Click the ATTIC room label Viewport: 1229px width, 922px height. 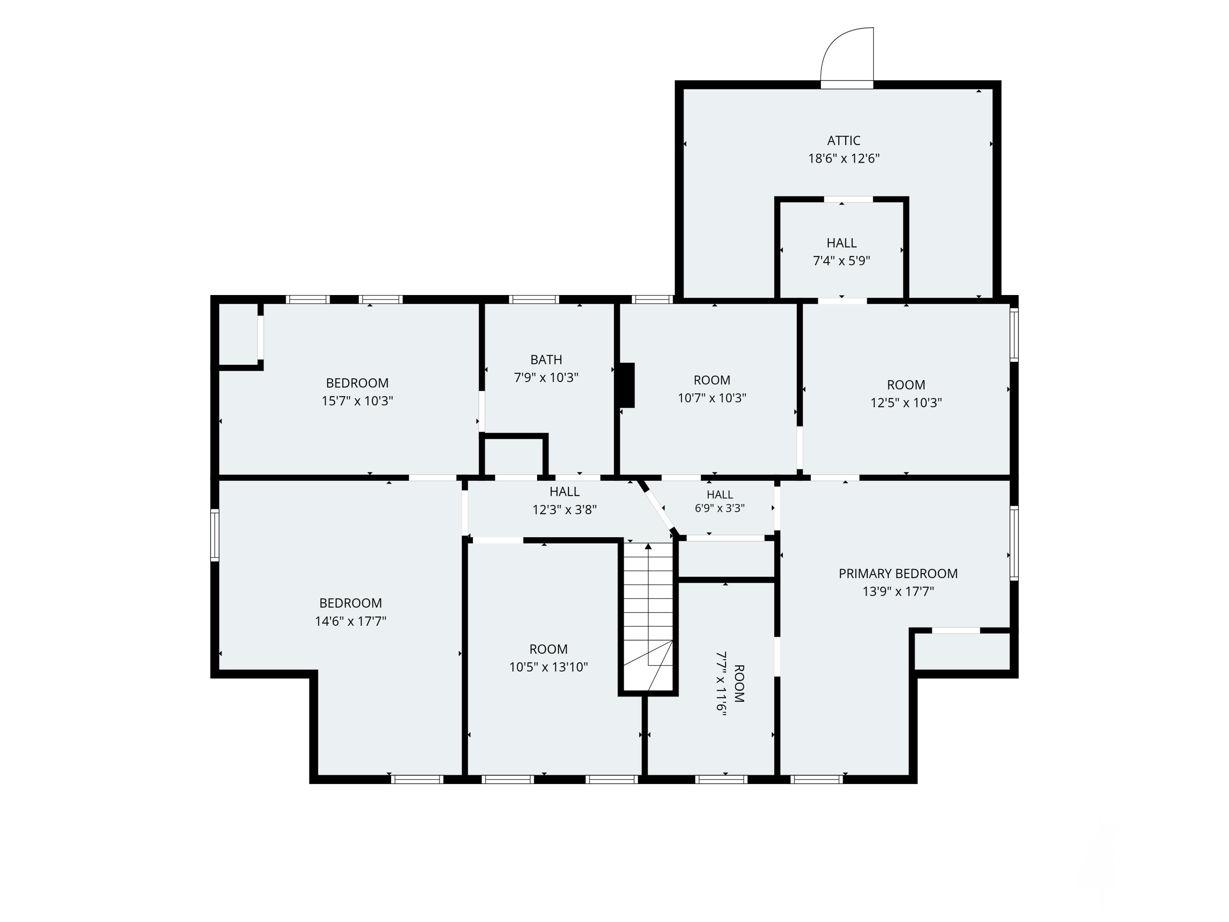[844, 141]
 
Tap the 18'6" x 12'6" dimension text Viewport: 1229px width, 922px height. [844, 159]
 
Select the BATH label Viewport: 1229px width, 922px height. [546, 359]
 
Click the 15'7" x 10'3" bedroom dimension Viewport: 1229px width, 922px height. [357, 401]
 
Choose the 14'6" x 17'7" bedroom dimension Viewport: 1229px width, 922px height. [351, 621]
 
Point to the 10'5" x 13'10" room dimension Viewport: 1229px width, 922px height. [549, 667]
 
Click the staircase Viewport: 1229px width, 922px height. [648, 617]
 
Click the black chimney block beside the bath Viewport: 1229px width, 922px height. [627, 385]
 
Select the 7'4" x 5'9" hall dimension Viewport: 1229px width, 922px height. [841, 261]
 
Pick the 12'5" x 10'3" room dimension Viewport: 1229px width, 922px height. [906, 402]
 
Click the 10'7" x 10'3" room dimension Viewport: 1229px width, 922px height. [712, 398]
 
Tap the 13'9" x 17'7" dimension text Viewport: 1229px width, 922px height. [898, 591]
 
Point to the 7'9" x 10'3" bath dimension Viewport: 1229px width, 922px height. [546, 377]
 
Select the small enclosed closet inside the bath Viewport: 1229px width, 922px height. [514, 456]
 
